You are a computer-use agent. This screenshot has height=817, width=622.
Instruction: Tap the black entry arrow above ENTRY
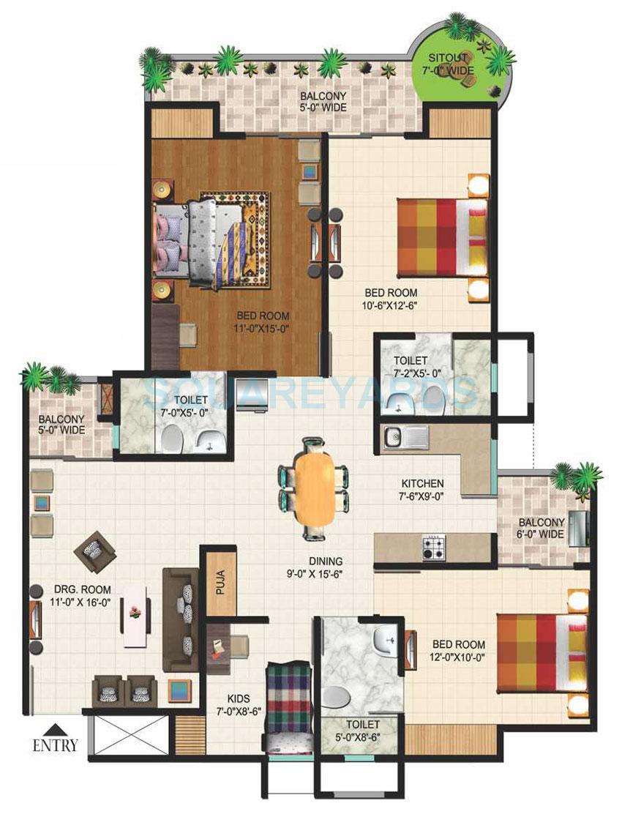tap(55, 729)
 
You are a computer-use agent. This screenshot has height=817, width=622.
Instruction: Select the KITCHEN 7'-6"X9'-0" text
tap(422, 490)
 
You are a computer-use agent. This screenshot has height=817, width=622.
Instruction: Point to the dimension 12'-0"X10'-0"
tap(458, 656)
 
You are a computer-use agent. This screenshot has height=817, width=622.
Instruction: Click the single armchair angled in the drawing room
tap(94, 551)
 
